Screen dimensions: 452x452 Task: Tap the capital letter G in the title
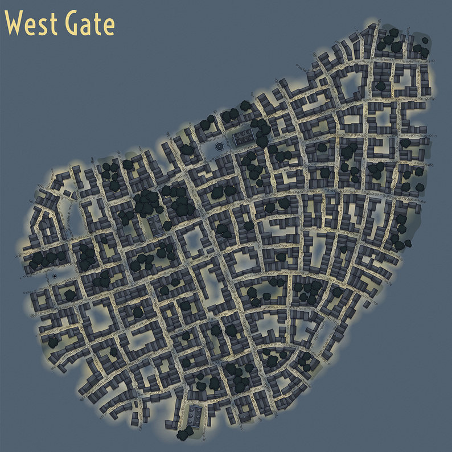[75, 24]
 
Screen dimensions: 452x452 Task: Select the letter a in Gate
[89, 27]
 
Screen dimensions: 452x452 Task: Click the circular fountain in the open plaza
[219, 146]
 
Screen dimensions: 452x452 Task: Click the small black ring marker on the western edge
[54, 276]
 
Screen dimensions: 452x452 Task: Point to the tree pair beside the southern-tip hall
[183, 434]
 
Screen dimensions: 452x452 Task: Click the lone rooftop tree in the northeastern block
[381, 86]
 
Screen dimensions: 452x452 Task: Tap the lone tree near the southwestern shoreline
[53, 343]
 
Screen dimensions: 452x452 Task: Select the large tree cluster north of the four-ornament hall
[146, 200]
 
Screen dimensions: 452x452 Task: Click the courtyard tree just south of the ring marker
[69, 294]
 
